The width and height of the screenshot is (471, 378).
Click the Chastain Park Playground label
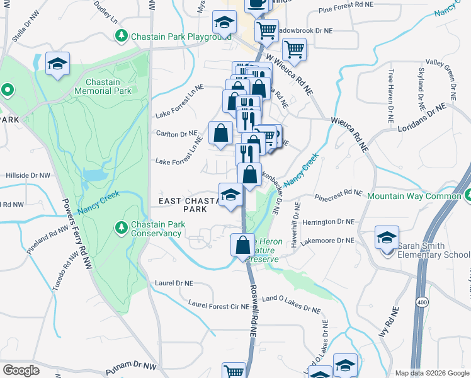pos(181,37)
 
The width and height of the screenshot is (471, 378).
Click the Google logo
pos(21,370)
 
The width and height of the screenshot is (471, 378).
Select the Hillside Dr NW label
pos(28,175)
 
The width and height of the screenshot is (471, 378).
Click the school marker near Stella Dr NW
pos(57,64)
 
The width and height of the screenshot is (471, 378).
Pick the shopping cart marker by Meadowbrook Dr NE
pos(266,29)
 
